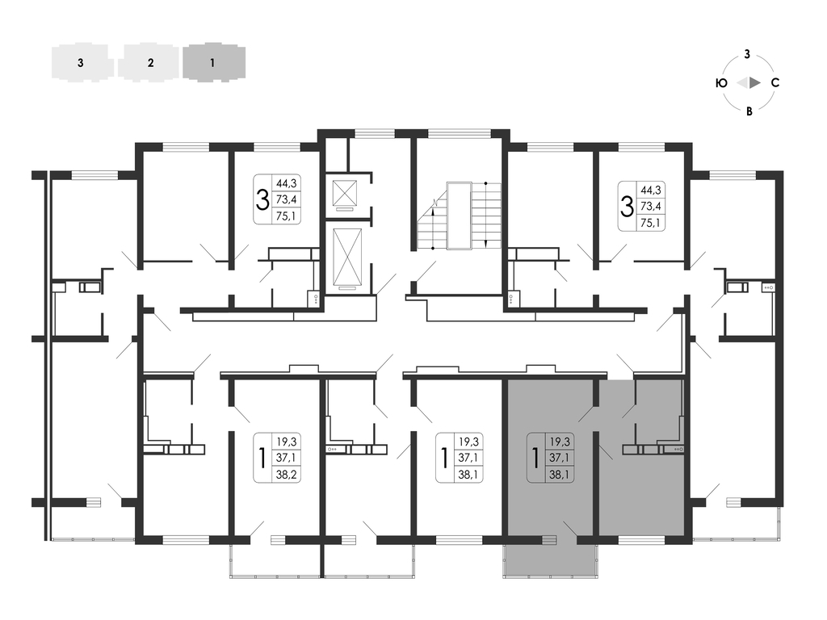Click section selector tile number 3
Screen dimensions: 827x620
(82, 63)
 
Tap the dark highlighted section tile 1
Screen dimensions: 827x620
(213, 63)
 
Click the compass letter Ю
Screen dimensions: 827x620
(721, 83)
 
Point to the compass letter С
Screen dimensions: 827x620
(775, 83)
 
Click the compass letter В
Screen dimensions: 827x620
(749, 111)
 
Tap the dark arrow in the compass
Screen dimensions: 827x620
(755, 83)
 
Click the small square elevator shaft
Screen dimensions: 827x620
(345, 193)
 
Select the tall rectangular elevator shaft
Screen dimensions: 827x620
(347, 256)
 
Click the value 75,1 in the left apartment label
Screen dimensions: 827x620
(287, 216)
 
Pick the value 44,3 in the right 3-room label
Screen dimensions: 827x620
(650, 190)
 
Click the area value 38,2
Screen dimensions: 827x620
(287, 475)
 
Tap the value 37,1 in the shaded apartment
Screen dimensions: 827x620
(559, 458)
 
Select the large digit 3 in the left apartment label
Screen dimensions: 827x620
(262, 200)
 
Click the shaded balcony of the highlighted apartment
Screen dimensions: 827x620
(551, 560)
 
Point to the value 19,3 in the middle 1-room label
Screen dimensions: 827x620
(468, 442)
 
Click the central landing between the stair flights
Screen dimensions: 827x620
(459, 216)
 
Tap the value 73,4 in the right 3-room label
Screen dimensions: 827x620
(650, 206)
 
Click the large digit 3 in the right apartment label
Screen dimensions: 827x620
(627, 206)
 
